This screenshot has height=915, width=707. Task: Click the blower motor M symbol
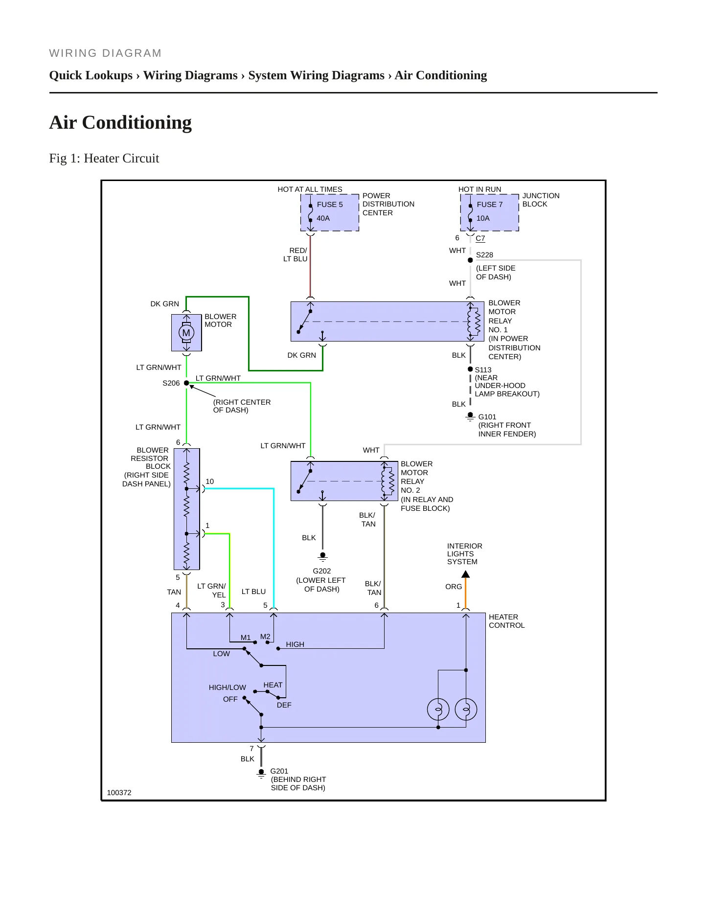[x=186, y=333]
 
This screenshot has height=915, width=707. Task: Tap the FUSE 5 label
[x=330, y=205]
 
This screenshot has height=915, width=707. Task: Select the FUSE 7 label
[x=490, y=205]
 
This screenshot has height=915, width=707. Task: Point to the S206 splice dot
[x=186, y=383]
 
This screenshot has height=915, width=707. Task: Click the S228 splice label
[x=484, y=255]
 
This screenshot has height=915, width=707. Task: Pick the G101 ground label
[x=487, y=417]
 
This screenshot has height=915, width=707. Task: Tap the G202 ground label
[x=322, y=571]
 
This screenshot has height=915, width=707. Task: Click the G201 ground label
[x=279, y=771]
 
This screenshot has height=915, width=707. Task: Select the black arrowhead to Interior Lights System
[x=466, y=574]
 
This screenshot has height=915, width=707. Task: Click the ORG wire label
[x=454, y=587]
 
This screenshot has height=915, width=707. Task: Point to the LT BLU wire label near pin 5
[x=253, y=592]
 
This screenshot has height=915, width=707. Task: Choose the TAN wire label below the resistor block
[x=174, y=592]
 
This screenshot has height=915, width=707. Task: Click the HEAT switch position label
[x=273, y=685]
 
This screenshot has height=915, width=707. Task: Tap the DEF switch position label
[x=284, y=705]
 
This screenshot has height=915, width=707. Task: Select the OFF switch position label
[x=230, y=699]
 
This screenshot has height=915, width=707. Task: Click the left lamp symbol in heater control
[x=438, y=709]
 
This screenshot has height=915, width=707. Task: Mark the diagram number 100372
[x=119, y=793]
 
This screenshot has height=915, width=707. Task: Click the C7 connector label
[x=480, y=238]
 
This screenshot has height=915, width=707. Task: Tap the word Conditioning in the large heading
[x=137, y=123]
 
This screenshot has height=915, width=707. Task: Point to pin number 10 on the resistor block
[x=210, y=481]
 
